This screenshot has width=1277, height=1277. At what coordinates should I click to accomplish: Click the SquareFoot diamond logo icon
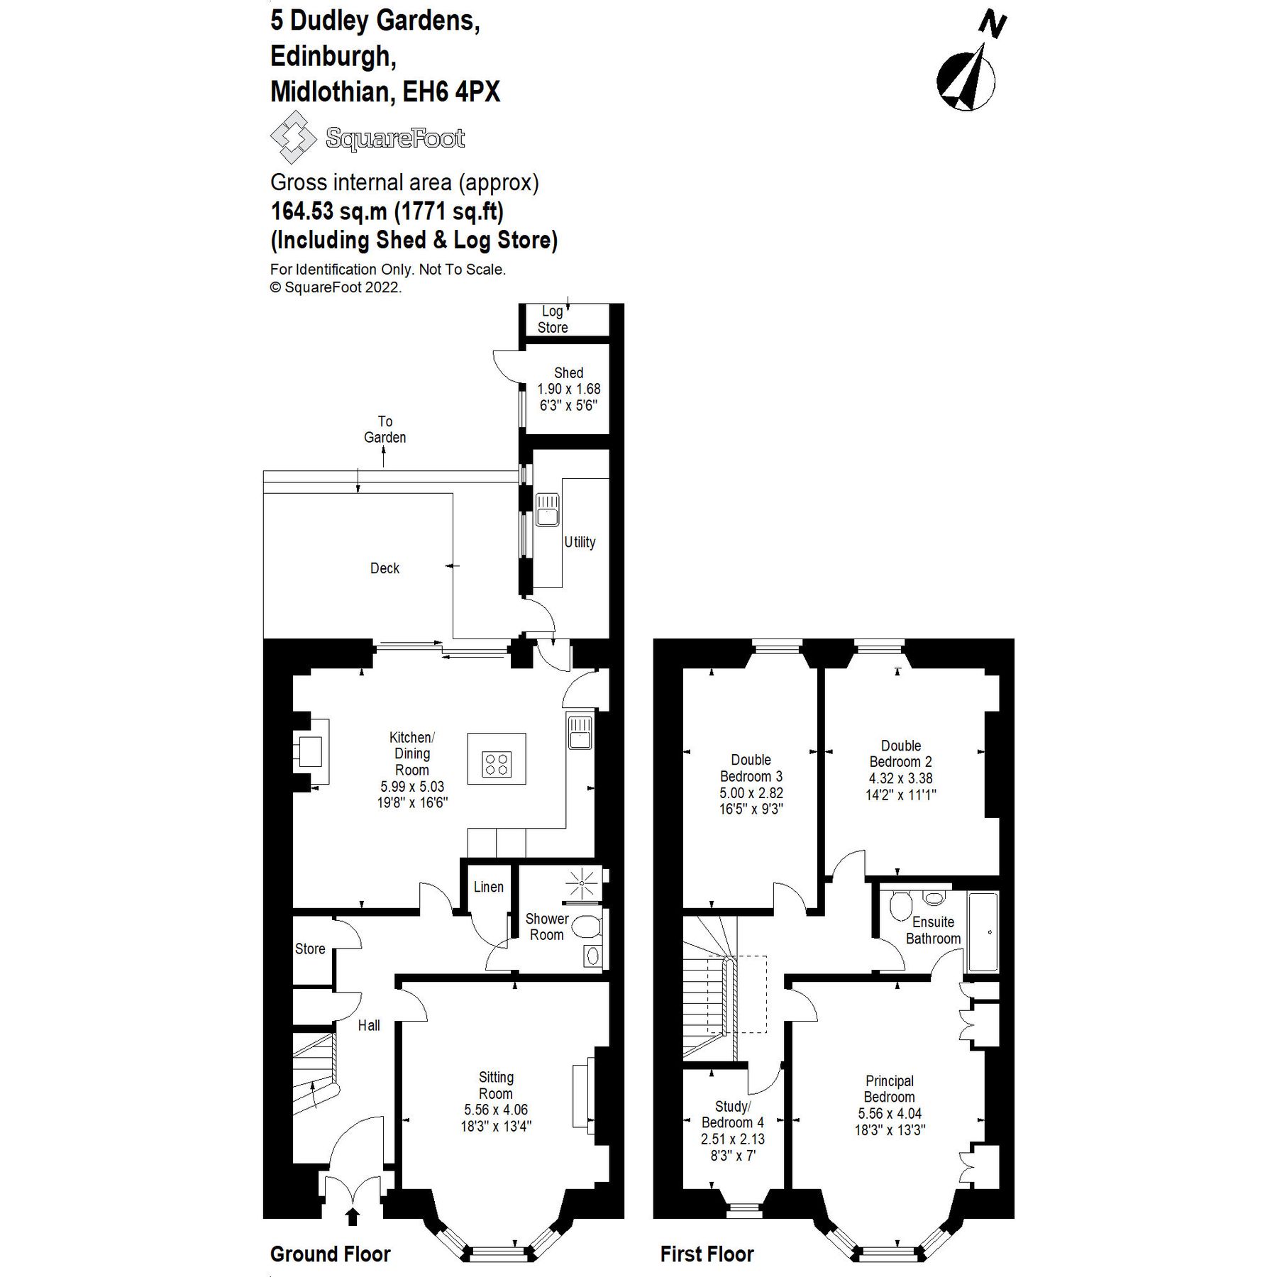point(292,138)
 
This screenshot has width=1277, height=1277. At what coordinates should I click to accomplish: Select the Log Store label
point(553,319)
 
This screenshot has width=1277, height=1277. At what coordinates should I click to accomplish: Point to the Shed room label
point(568,372)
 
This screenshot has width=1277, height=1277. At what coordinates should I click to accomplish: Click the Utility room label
point(580,542)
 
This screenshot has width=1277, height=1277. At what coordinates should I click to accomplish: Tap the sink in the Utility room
point(548,509)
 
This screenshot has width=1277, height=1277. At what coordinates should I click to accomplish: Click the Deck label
point(385,568)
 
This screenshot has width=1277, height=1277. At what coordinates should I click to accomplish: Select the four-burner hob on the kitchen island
point(497,763)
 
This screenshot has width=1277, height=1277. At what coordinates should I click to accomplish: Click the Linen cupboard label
point(488,887)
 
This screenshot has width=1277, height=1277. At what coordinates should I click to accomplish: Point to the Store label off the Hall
point(310,949)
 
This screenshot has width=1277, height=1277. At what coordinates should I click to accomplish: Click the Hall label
point(369,1025)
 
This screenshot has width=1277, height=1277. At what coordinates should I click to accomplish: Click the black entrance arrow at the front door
point(352,1217)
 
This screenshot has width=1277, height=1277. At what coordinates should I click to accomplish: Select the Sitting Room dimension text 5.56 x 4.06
point(496,1110)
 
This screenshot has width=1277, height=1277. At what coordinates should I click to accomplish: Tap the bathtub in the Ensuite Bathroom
point(983,932)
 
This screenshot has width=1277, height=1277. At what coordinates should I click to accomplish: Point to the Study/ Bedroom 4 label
point(733,1115)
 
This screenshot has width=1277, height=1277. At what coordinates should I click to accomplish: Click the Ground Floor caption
point(331,1254)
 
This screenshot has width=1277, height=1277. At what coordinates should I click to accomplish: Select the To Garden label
point(385,429)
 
